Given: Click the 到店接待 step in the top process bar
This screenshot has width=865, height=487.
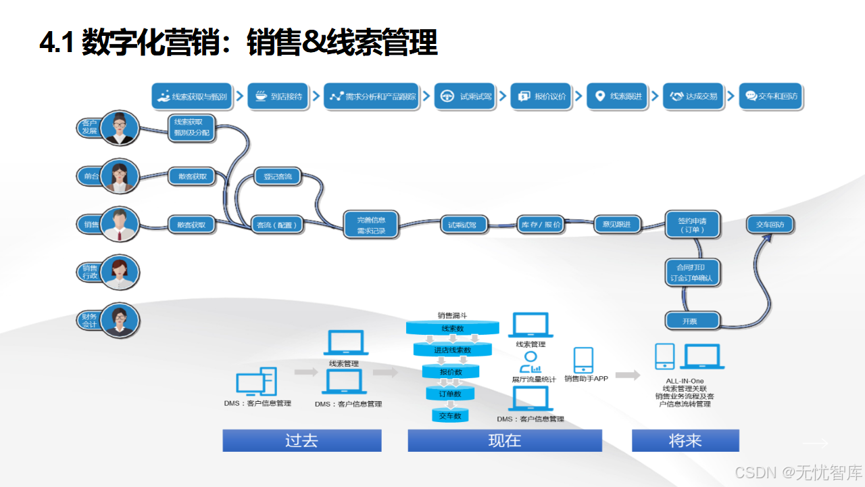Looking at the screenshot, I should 278,97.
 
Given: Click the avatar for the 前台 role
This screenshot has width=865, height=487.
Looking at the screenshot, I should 120,177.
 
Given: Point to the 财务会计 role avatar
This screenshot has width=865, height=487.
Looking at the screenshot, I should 120,321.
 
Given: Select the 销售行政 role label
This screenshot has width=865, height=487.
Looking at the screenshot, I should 89,272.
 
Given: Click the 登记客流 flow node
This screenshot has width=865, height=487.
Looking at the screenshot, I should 277,177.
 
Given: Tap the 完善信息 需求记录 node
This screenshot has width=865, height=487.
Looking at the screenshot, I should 370,225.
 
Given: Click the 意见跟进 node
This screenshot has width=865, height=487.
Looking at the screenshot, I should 616,225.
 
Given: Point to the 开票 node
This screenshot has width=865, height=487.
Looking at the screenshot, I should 689,321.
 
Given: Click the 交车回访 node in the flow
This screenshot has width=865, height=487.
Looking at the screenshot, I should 770,225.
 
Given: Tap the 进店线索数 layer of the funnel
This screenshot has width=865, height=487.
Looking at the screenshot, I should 452,350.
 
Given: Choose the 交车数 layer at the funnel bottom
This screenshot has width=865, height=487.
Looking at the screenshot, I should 450,415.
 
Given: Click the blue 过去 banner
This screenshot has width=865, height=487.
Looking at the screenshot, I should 302,441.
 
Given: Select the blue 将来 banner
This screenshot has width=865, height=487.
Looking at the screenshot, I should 685,441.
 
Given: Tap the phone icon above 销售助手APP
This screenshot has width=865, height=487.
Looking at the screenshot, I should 583,360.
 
